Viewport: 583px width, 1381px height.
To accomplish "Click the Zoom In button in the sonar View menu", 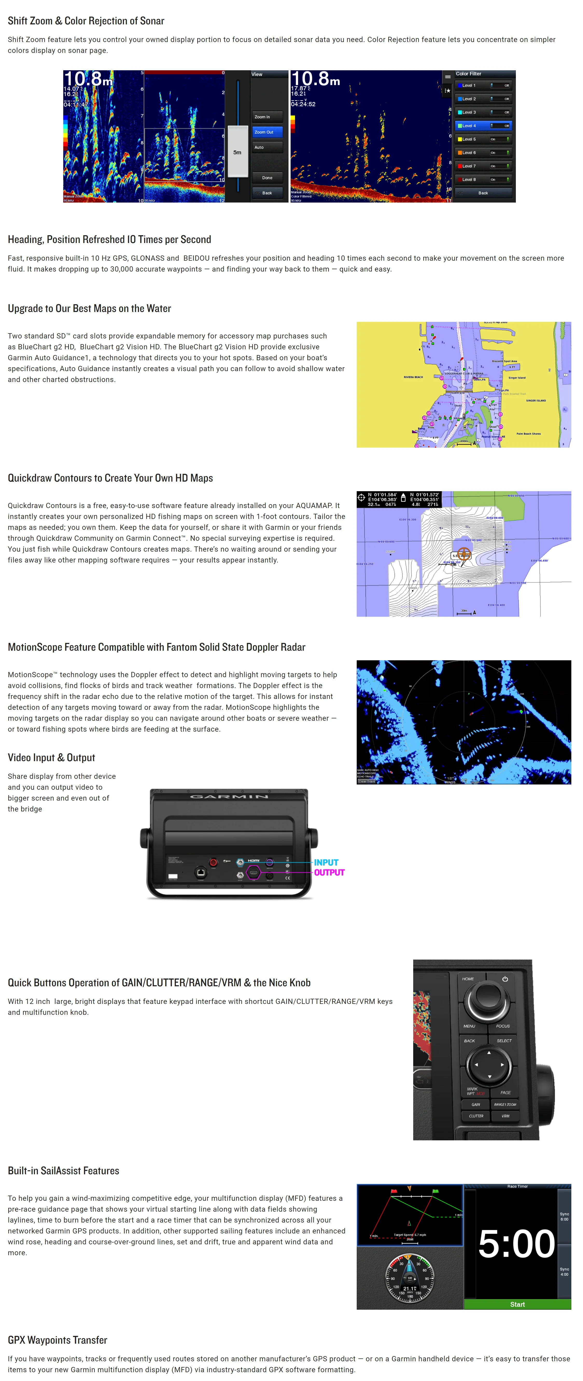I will pos(267,117).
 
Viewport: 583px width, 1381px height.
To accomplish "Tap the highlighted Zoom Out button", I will pos(267,132).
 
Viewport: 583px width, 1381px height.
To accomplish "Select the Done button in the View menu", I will pos(267,177).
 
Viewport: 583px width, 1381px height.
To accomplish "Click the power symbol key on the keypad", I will pos(505,979).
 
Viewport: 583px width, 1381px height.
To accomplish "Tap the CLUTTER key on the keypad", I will pos(476,1116).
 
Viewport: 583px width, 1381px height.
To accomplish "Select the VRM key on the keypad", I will pos(505,1116).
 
